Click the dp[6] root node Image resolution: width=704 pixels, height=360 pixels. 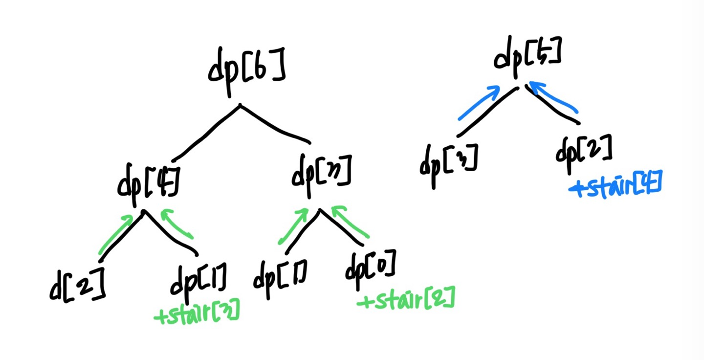coord(246,68)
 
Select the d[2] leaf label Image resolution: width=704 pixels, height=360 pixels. coord(77,285)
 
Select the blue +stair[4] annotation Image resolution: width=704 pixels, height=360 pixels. coord(616,187)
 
